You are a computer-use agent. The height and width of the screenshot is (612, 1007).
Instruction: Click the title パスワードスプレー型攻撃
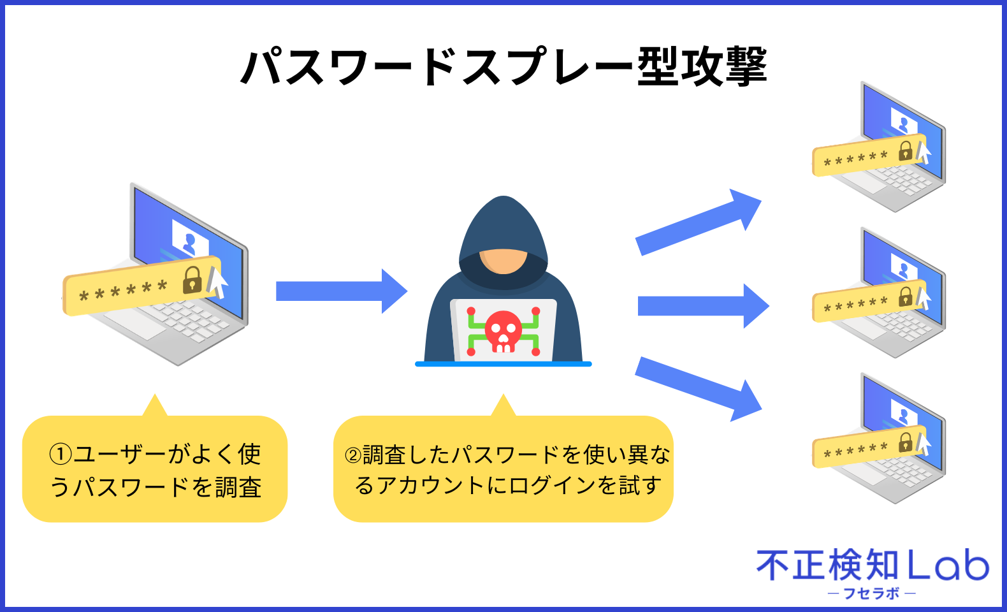[x=503, y=66]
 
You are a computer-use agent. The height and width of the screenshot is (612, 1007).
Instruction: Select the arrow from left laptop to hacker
[x=341, y=291]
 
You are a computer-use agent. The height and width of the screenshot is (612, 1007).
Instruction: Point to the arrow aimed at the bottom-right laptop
[x=698, y=388]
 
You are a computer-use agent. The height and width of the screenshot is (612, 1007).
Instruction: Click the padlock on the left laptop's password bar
[x=192, y=280]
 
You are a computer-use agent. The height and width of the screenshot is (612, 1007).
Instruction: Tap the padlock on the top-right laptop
[x=906, y=151]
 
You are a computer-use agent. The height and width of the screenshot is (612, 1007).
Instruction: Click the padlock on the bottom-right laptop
[x=906, y=442]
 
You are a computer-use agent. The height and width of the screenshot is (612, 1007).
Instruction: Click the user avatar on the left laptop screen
[x=189, y=243]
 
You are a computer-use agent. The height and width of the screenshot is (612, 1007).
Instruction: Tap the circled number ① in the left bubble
[x=61, y=455]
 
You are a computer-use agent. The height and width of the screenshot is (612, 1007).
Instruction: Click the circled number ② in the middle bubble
[x=352, y=455]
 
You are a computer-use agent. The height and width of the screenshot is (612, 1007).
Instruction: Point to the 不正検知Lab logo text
[x=872, y=565]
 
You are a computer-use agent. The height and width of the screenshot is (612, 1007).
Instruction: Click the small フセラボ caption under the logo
[x=871, y=594]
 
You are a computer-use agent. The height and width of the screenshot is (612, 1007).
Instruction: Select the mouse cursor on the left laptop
[x=217, y=282]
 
